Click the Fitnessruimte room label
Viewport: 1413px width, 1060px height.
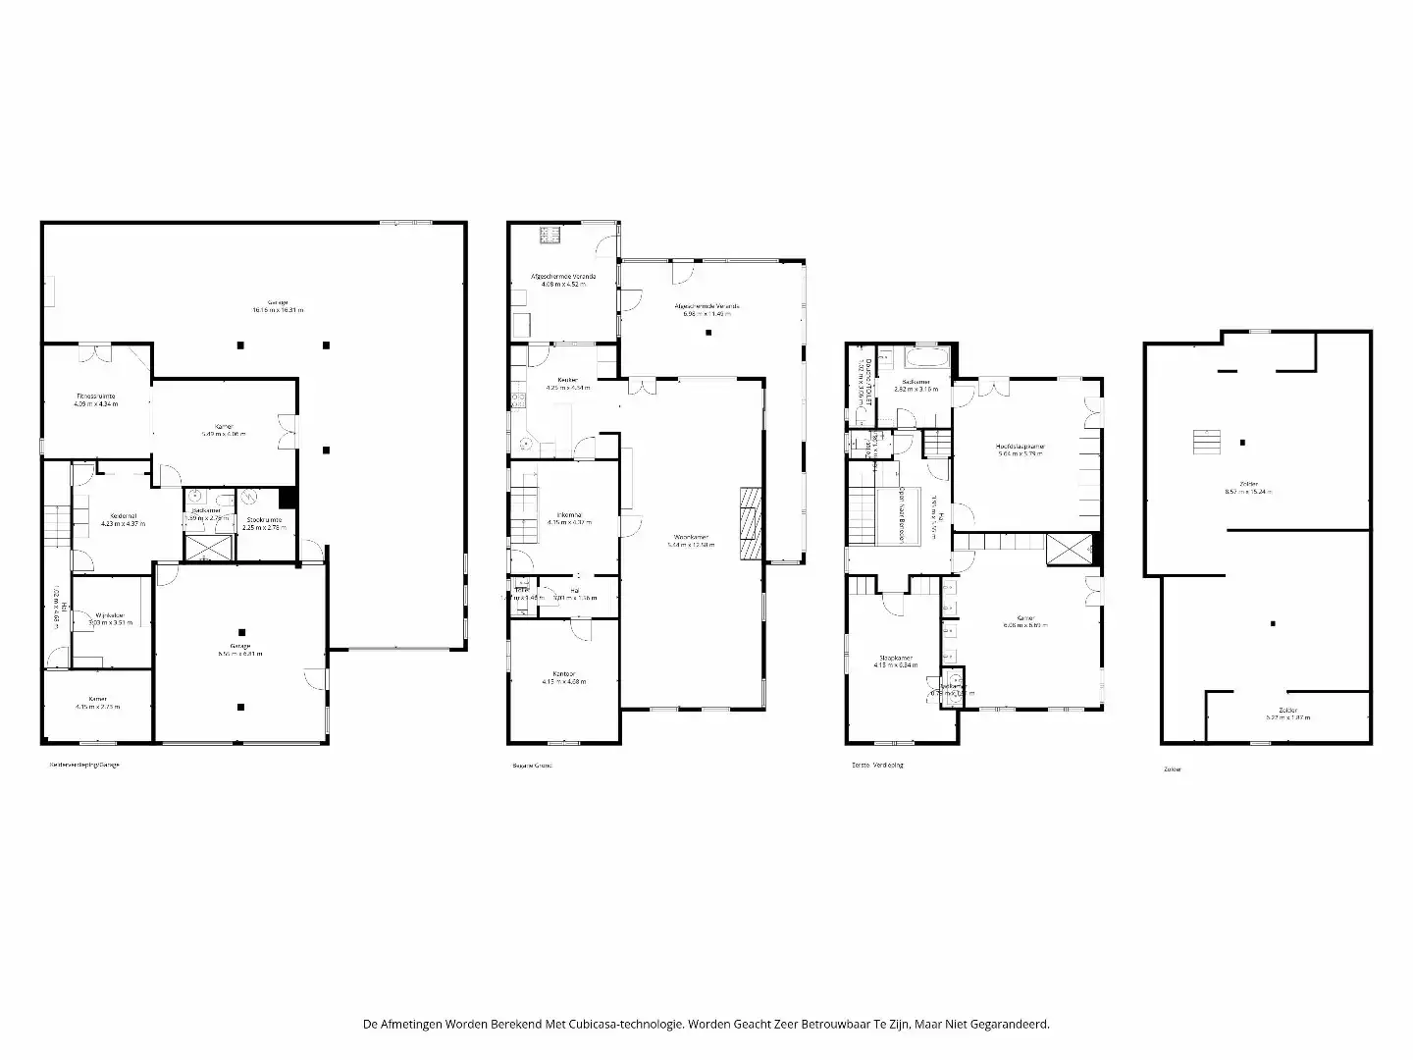95,396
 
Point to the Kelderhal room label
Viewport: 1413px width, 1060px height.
123,516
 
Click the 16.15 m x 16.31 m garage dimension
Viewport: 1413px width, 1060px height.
278,310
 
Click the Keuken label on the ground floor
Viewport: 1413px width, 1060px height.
567,380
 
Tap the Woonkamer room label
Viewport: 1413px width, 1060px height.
692,537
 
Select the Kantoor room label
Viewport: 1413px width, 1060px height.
563,674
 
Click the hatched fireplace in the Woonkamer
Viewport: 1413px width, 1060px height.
751,524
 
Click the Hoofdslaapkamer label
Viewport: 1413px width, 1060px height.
1020,446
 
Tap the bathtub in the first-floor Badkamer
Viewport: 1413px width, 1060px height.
927,355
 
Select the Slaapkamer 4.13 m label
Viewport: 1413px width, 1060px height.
896,658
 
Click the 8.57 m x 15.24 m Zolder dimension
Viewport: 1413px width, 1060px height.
1248,492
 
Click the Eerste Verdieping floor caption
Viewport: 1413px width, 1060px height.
877,765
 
